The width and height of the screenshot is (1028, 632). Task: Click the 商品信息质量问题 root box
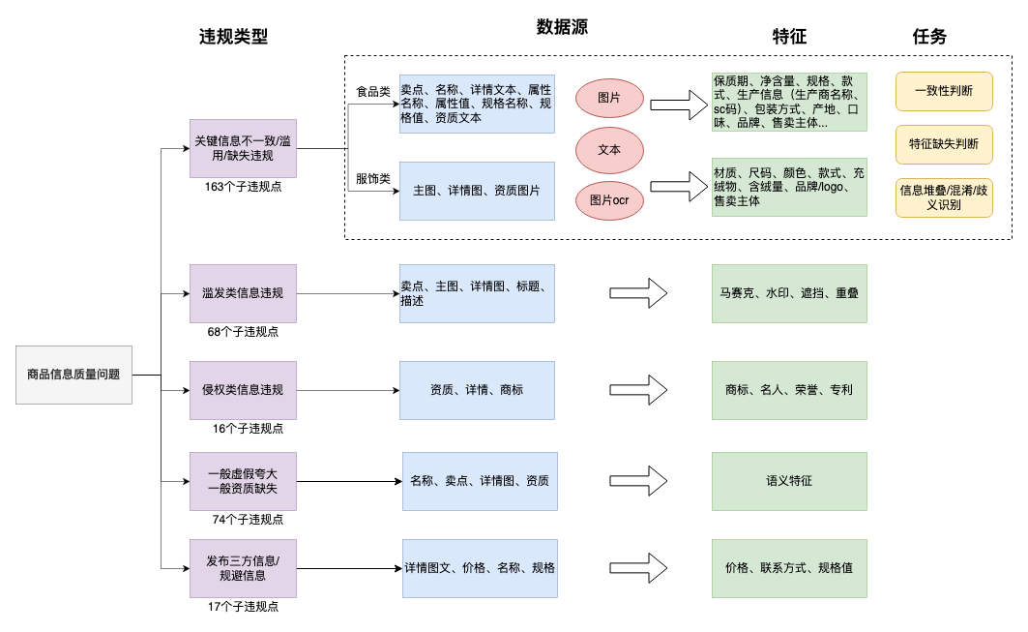point(73,374)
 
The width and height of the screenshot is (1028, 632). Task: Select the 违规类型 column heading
point(233,37)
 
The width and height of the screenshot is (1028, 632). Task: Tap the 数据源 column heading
point(562,27)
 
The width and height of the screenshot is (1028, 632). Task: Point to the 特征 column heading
point(789,37)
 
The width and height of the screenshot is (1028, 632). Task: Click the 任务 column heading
point(929,37)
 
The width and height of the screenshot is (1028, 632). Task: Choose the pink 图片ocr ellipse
point(609,200)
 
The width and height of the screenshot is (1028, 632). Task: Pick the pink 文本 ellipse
point(609,150)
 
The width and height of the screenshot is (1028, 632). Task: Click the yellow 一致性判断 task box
point(944,91)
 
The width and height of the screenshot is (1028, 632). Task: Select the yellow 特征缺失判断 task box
point(944,144)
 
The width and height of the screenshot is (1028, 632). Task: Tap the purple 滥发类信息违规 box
point(243,293)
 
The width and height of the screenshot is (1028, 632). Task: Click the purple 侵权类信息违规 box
point(243,390)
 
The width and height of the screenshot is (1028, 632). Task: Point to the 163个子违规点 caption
point(243,187)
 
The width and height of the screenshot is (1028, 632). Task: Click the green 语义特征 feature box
point(789,480)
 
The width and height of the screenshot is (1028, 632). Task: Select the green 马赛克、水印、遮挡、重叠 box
point(789,293)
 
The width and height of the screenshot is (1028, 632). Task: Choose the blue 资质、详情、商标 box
point(477,390)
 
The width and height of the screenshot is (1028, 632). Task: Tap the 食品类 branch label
point(373,92)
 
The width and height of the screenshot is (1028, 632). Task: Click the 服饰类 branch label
point(373,179)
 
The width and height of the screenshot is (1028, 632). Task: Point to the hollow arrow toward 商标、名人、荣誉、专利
point(639,390)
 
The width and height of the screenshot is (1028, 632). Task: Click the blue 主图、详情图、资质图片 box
point(477,191)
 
